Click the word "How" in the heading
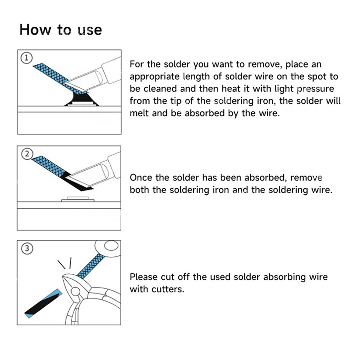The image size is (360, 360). point(35,30)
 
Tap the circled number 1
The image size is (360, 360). point(27,58)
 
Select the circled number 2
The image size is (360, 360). point(27,154)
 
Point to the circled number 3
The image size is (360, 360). point(27,248)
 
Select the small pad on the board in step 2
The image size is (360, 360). point(78,199)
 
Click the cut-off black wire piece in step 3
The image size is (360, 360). point(44,303)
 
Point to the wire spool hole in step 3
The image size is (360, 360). point(111,245)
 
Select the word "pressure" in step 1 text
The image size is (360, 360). point(315,89)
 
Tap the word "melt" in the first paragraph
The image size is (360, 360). point(139,113)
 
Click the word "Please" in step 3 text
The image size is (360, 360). point(144,277)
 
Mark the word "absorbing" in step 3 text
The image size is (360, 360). point(284,277)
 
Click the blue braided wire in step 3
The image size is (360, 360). point(91,266)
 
